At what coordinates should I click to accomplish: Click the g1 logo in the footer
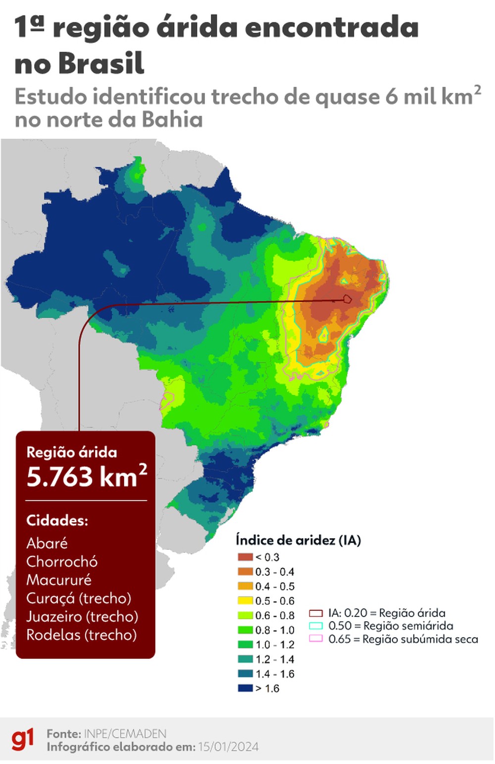click(x=23, y=739)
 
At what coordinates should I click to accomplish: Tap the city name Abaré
click(x=47, y=543)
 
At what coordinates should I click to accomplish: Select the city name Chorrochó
click(x=62, y=561)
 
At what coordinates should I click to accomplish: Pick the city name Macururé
click(x=59, y=580)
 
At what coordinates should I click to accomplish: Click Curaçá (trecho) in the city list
click(x=79, y=598)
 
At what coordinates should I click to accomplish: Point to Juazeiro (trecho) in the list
click(x=82, y=616)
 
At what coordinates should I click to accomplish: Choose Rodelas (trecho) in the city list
click(x=81, y=635)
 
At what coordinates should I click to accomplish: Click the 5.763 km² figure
click(x=87, y=477)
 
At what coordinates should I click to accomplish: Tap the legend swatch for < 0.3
click(x=245, y=557)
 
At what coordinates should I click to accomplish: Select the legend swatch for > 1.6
click(x=245, y=688)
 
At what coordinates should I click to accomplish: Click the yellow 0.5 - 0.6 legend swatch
click(x=245, y=600)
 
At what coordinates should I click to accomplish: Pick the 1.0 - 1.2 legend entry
click(x=275, y=645)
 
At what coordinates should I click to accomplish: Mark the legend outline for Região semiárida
click(x=316, y=626)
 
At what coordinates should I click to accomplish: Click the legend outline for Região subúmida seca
click(x=316, y=639)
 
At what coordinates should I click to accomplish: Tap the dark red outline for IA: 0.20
click(x=316, y=613)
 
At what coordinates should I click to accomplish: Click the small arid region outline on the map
click(x=347, y=299)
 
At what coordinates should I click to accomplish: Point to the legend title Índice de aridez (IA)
click(x=298, y=540)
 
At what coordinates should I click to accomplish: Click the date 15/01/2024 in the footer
click(x=228, y=747)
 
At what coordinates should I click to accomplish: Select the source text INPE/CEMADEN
click(x=125, y=733)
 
